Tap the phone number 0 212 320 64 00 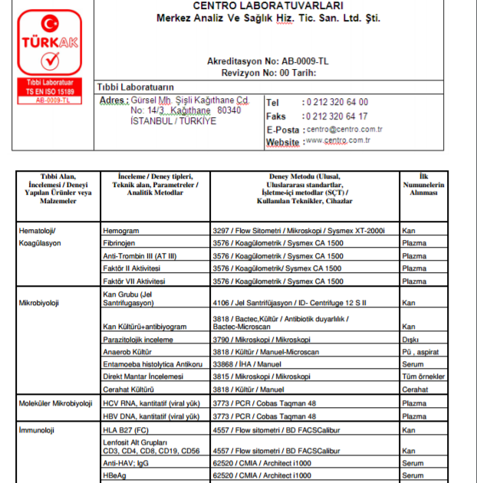click(336, 102)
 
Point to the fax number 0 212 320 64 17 click(336, 117)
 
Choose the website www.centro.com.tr click(338, 141)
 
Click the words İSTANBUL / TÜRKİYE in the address click(173, 121)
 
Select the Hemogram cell click(120, 230)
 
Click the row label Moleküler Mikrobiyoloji click(55, 403)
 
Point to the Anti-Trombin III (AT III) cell click(141, 256)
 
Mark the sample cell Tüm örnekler click(423, 376)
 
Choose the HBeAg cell click(115, 476)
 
